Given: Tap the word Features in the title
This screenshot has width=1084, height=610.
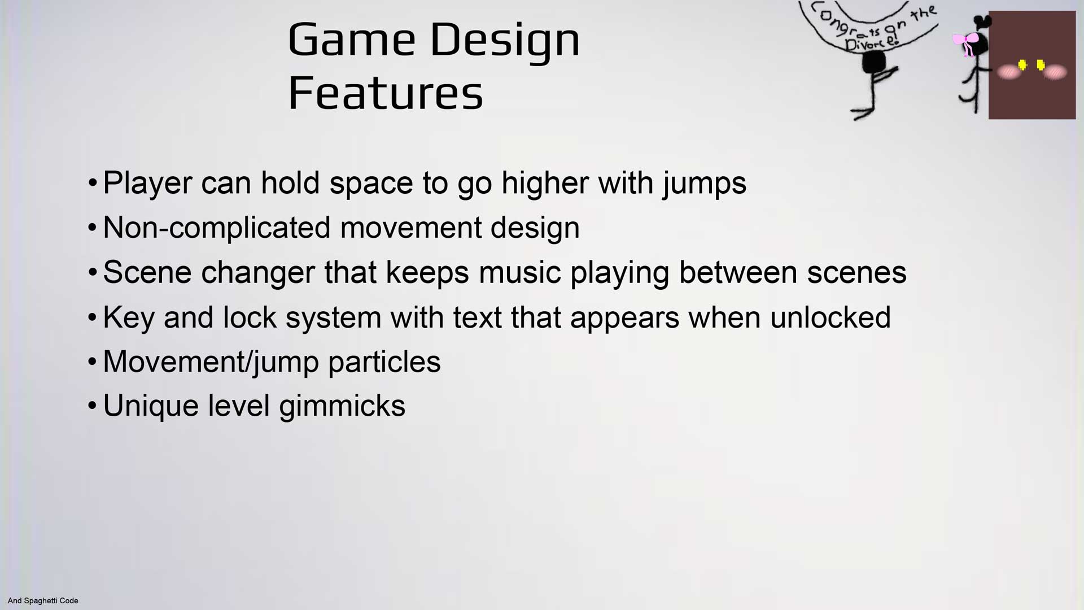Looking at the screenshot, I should pos(386,93).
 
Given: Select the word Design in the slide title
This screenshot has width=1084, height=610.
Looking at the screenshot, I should pos(505,41).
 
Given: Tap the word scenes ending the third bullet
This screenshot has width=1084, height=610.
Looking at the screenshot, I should pos(856,272).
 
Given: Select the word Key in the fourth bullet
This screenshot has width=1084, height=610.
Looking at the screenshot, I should pos(128,317).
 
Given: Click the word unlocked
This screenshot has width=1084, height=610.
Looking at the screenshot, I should pos(830,317).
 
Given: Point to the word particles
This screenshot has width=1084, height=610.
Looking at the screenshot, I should pos(384,362).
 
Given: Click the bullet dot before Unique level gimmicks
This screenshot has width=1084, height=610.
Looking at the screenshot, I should pos(93,406).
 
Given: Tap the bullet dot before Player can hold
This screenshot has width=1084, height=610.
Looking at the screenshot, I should pos(93,183).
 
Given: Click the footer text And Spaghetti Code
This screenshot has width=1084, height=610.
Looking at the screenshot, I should pos(43,600).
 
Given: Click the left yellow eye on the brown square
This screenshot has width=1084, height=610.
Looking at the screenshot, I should pos(1022,66).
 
